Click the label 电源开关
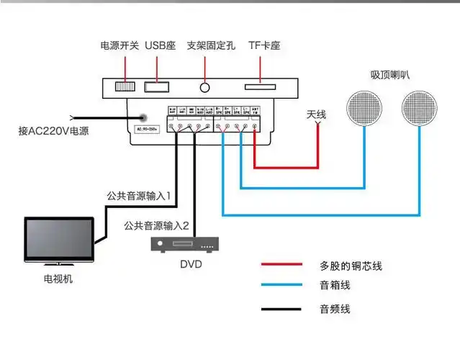point(119,46)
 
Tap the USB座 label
point(160,46)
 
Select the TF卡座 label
point(264,46)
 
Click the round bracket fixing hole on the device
point(207,88)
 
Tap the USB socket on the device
point(158,88)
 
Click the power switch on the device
point(125,88)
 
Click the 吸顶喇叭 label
point(390,75)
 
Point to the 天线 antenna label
point(317,114)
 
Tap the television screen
point(59,240)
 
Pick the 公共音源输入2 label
point(156,226)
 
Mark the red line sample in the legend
point(281,265)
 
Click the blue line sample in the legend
point(281,286)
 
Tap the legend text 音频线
point(335,310)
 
